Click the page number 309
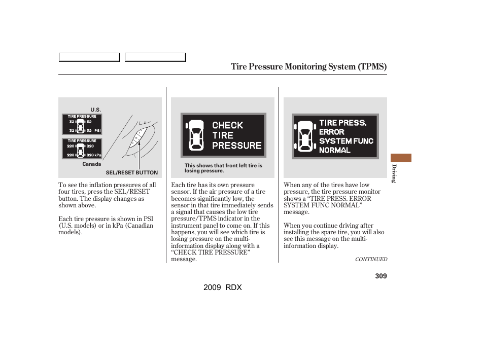[381, 276]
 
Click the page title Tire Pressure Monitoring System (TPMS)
[308, 66]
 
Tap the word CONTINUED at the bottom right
[370, 259]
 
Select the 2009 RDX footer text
[223, 287]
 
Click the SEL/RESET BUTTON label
[131, 173]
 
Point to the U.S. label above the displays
[96, 110]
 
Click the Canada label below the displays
[92, 164]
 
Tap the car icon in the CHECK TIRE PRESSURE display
[196, 135]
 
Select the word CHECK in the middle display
[227, 125]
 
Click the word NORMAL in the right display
[334, 150]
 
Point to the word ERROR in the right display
[331, 132]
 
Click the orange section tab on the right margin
[401, 158]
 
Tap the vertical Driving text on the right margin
[393, 174]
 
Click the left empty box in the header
[89, 57]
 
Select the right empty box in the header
[155, 57]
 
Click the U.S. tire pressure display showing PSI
[82, 124]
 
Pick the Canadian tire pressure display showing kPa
[82, 148]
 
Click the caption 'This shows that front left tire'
[223, 166]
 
